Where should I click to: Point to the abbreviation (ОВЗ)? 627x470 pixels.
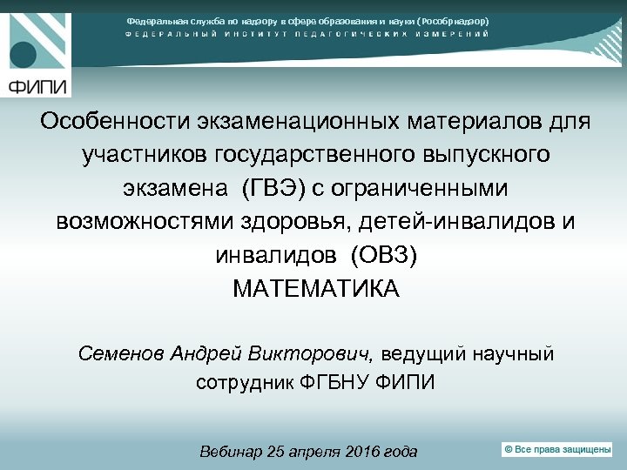(x=383, y=255)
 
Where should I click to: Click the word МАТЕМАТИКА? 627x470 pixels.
(x=316, y=289)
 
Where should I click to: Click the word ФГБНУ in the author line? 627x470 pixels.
(x=336, y=383)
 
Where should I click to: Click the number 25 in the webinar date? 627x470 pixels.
(x=277, y=452)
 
